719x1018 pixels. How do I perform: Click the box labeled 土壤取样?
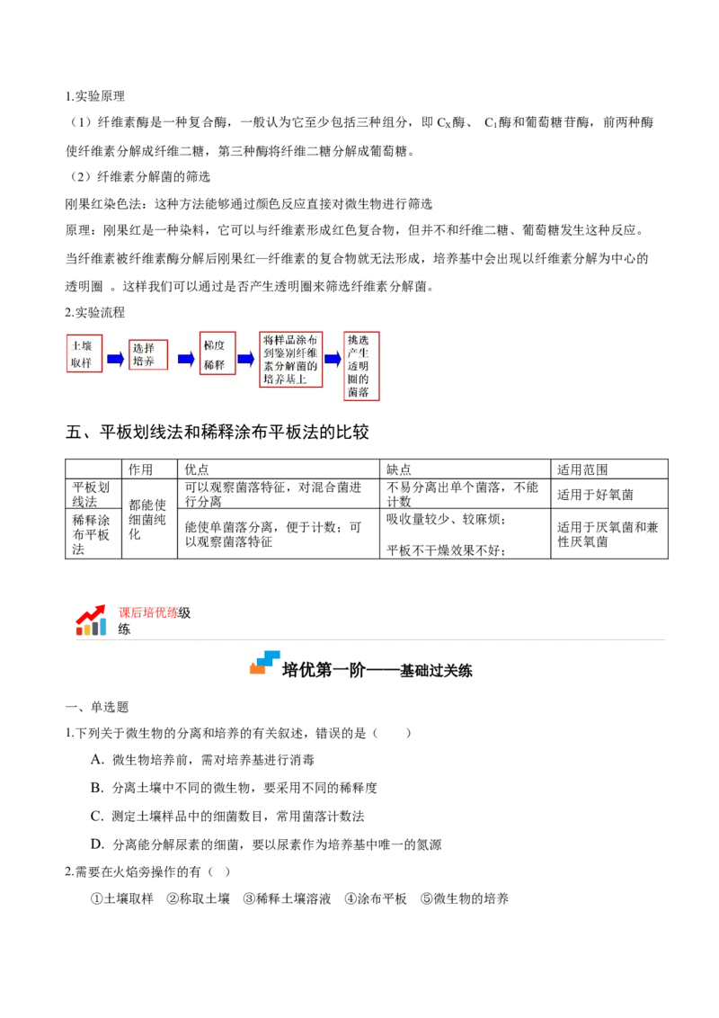[84, 353]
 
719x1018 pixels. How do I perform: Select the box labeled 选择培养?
[149, 353]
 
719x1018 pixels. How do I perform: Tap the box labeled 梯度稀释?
[217, 353]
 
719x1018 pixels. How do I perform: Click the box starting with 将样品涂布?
[290, 359]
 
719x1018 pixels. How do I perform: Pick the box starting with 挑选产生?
[361, 366]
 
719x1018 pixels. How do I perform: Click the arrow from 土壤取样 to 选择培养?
[116, 359]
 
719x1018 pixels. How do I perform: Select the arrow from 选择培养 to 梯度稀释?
[186, 359]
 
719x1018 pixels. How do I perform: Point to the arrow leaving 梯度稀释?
[245, 359]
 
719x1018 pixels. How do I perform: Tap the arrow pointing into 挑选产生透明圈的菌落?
[333, 359]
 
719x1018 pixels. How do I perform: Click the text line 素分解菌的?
[289, 366]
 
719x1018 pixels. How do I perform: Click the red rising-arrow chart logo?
[90, 619]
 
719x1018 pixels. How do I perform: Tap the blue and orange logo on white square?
[266, 662]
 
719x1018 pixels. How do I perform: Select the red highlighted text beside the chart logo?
[154, 611]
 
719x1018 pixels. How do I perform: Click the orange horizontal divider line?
[370, 639]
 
